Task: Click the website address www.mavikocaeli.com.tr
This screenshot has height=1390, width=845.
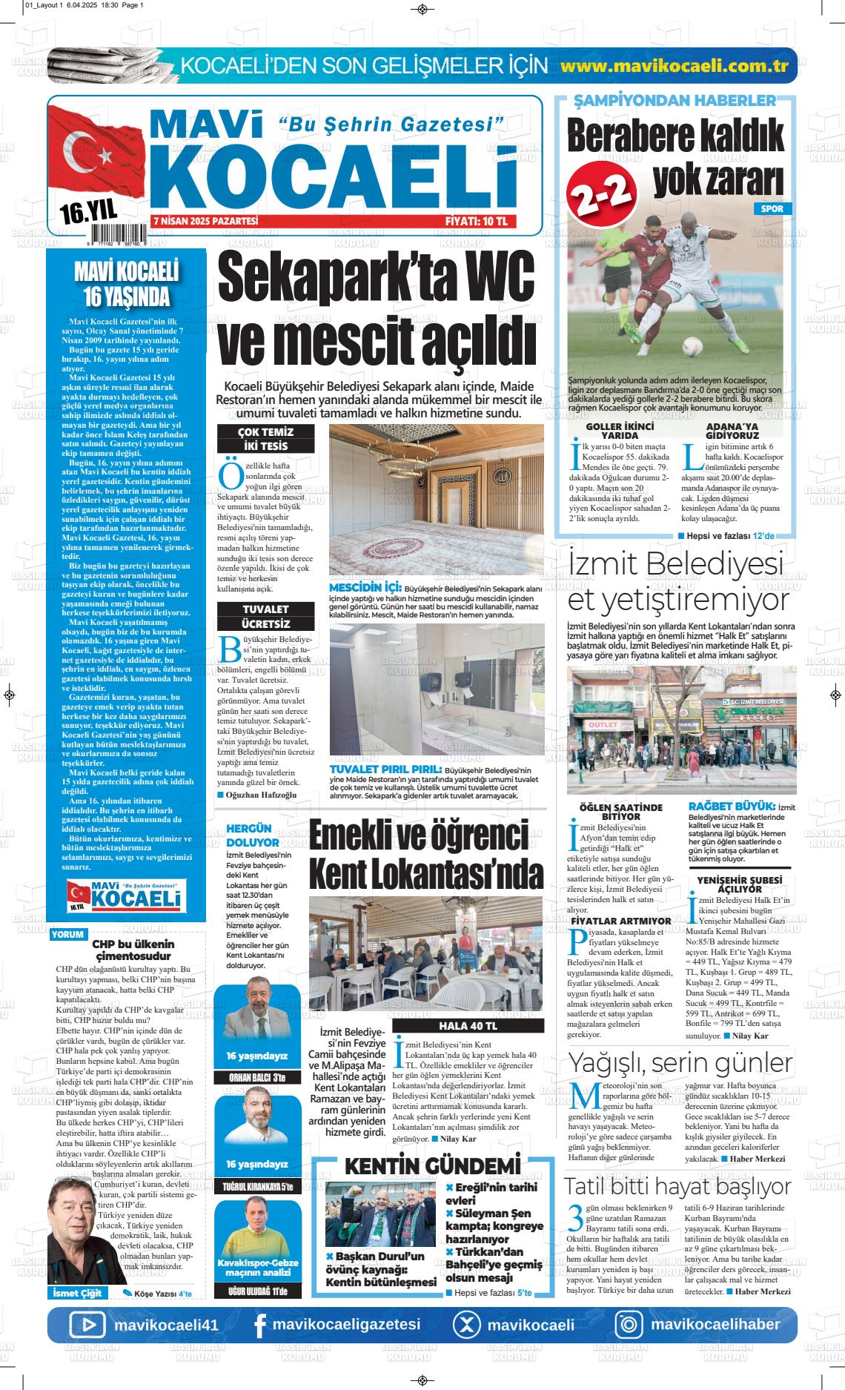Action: tap(674, 65)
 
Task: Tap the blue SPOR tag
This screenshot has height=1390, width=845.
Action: tap(772, 209)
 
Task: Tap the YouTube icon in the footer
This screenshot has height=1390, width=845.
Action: tap(88, 1324)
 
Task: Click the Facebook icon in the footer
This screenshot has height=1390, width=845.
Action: tap(259, 1325)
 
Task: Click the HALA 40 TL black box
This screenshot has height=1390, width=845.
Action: tap(468, 1026)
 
